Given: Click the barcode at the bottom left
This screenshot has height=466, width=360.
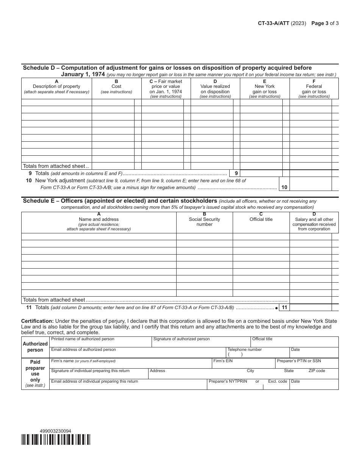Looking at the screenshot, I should click(x=56, y=439).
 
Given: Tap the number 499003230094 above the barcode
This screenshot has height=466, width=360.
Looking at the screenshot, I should click(x=55, y=431).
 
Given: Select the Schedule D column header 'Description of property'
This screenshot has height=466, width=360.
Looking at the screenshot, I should click(x=56, y=86).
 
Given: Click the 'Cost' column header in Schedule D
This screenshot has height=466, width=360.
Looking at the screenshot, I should click(x=116, y=86).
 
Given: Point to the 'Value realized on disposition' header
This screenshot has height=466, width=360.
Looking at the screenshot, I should click(x=215, y=89).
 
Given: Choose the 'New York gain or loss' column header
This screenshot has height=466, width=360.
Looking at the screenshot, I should click(x=265, y=89).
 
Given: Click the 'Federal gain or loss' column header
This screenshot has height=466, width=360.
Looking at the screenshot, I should click(x=314, y=89).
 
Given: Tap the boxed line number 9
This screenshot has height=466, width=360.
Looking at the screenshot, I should click(x=236, y=174).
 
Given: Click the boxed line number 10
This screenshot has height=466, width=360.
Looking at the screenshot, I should click(x=284, y=187).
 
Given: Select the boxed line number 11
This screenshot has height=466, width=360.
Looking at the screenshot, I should click(x=284, y=308).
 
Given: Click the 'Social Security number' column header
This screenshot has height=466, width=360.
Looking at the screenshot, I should click(x=204, y=222).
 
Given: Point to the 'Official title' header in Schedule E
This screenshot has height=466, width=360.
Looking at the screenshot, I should click(x=261, y=219).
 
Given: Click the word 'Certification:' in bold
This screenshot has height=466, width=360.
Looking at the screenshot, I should click(x=37, y=321).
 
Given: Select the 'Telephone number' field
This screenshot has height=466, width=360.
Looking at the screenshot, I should click(x=258, y=352).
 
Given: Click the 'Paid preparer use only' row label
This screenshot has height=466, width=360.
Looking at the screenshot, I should click(x=35, y=373).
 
